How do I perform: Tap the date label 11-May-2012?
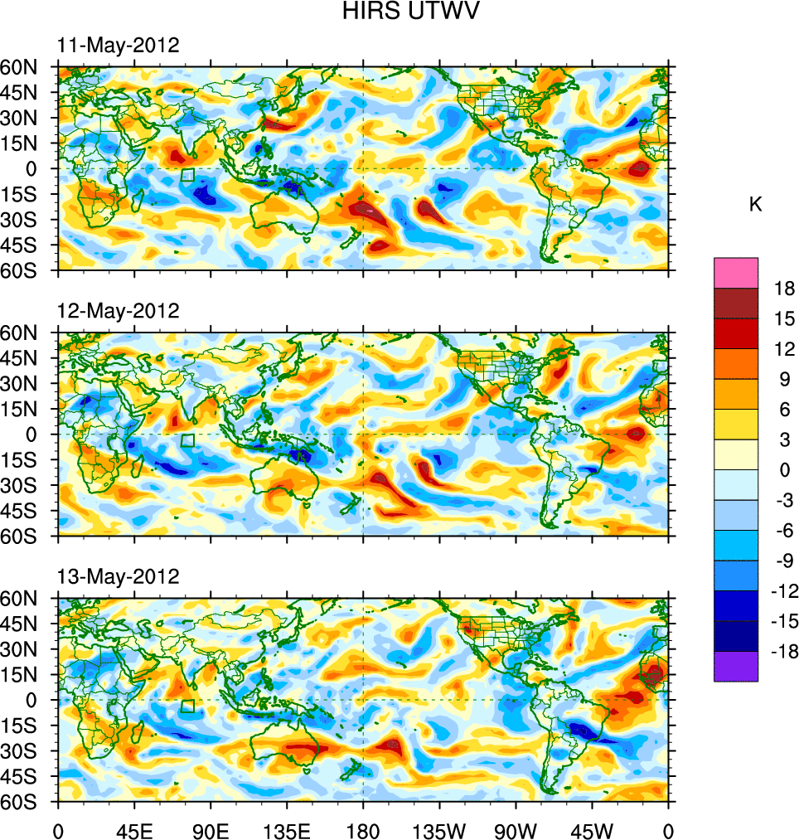(118, 46)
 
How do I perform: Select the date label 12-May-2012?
(118, 311)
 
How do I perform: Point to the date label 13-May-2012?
(118, 576)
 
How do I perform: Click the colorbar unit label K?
(755, 205)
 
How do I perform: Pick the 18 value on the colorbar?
(783, 289)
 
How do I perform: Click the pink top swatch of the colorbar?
(736, 272)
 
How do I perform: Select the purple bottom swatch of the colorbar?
(736, 666)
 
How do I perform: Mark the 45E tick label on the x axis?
(133, 829)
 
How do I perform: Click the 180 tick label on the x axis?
(363, 829)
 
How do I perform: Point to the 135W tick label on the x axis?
(439, 829)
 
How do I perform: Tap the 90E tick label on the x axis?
(211, 829)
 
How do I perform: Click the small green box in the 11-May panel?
(187, 175)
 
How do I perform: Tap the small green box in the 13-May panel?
(187, 706)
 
